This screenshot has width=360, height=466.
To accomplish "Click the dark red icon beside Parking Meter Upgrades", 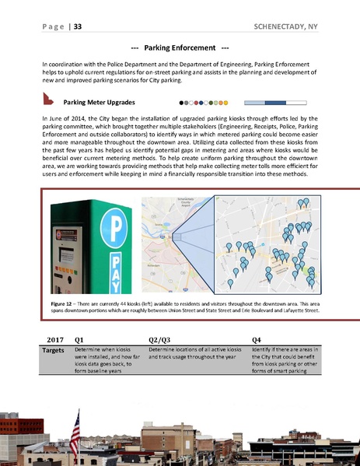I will pyautogui.click(x=47, y=100).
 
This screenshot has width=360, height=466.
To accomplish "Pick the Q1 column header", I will pyautogui.click(x=79, y=340).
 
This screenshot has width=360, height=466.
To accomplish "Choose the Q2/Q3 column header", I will pyautogui.click(x=161, y=340).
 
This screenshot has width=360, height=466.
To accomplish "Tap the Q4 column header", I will pyautogui.click(x=257, y=340).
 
